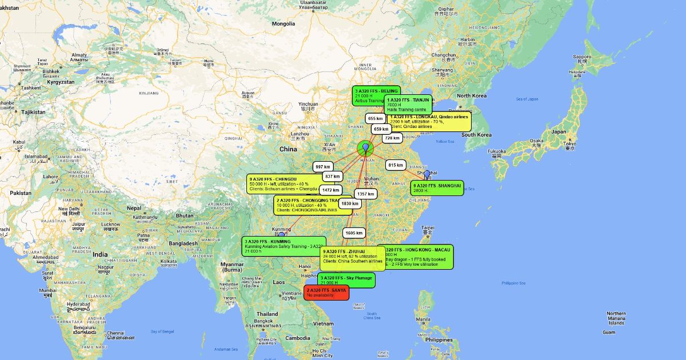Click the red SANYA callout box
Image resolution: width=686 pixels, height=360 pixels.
(x=326, y=293)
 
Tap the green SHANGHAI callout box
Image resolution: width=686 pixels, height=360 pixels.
(x=437, y=188)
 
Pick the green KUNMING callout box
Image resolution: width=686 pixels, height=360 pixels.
(x=284, y=246)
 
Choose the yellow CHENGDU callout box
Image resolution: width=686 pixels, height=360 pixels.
(x=284, y=183)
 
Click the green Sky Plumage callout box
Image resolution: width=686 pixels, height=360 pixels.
(x=346, y=280)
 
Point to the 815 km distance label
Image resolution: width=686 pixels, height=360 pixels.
(x=396, y=165)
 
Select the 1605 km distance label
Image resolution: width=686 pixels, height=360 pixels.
(x=354, y=233)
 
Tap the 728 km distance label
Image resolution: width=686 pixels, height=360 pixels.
(x=392, y=138)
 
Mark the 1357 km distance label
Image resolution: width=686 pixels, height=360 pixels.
(x=365, y=194)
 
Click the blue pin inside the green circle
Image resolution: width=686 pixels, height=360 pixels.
(x=366, y=147)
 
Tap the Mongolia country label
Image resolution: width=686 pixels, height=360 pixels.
(x=283, y=24)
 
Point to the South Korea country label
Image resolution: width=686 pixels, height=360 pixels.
(x=477, y=135)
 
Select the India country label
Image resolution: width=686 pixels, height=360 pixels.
(x=101, y=254)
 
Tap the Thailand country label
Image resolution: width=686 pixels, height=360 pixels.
(x=267, y=314)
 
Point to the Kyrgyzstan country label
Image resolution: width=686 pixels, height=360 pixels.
(x=61, y=82)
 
